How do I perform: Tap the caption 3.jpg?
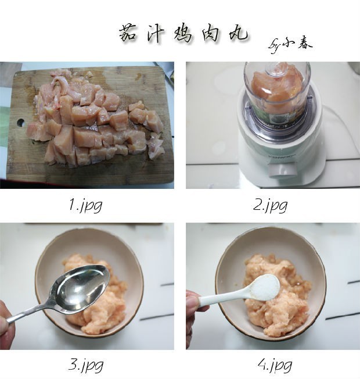coord(86,366)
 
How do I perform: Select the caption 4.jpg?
coord(275,366)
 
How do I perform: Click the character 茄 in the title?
coord(128,33)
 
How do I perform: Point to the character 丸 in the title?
coord(237,33)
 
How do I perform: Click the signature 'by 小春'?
coord(290,45)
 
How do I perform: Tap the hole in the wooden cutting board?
coord(20,122)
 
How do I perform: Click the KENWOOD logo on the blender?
coord(282,157)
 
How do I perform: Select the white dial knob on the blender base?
coord(283,169)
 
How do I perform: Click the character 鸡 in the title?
coord(183,34)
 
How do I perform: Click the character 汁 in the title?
coord(156,34)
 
